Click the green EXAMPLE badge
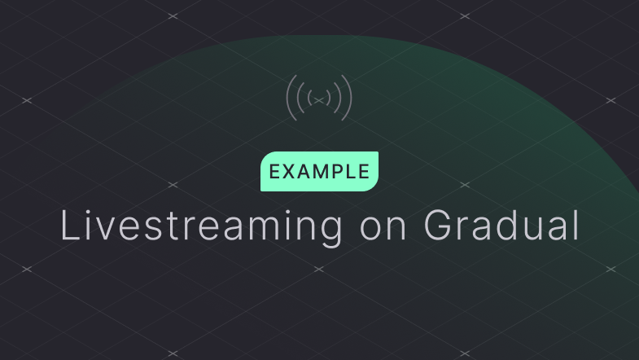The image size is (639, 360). click(x=319, y=172)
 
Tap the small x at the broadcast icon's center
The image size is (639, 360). click(x=320, y=99)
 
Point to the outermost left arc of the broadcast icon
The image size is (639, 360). click(x=290, y=98)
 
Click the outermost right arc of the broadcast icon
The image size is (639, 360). click(x=349, y=98)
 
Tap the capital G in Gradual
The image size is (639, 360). click(x=442, y=226)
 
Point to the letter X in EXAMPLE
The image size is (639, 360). click(x=290, y=172)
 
